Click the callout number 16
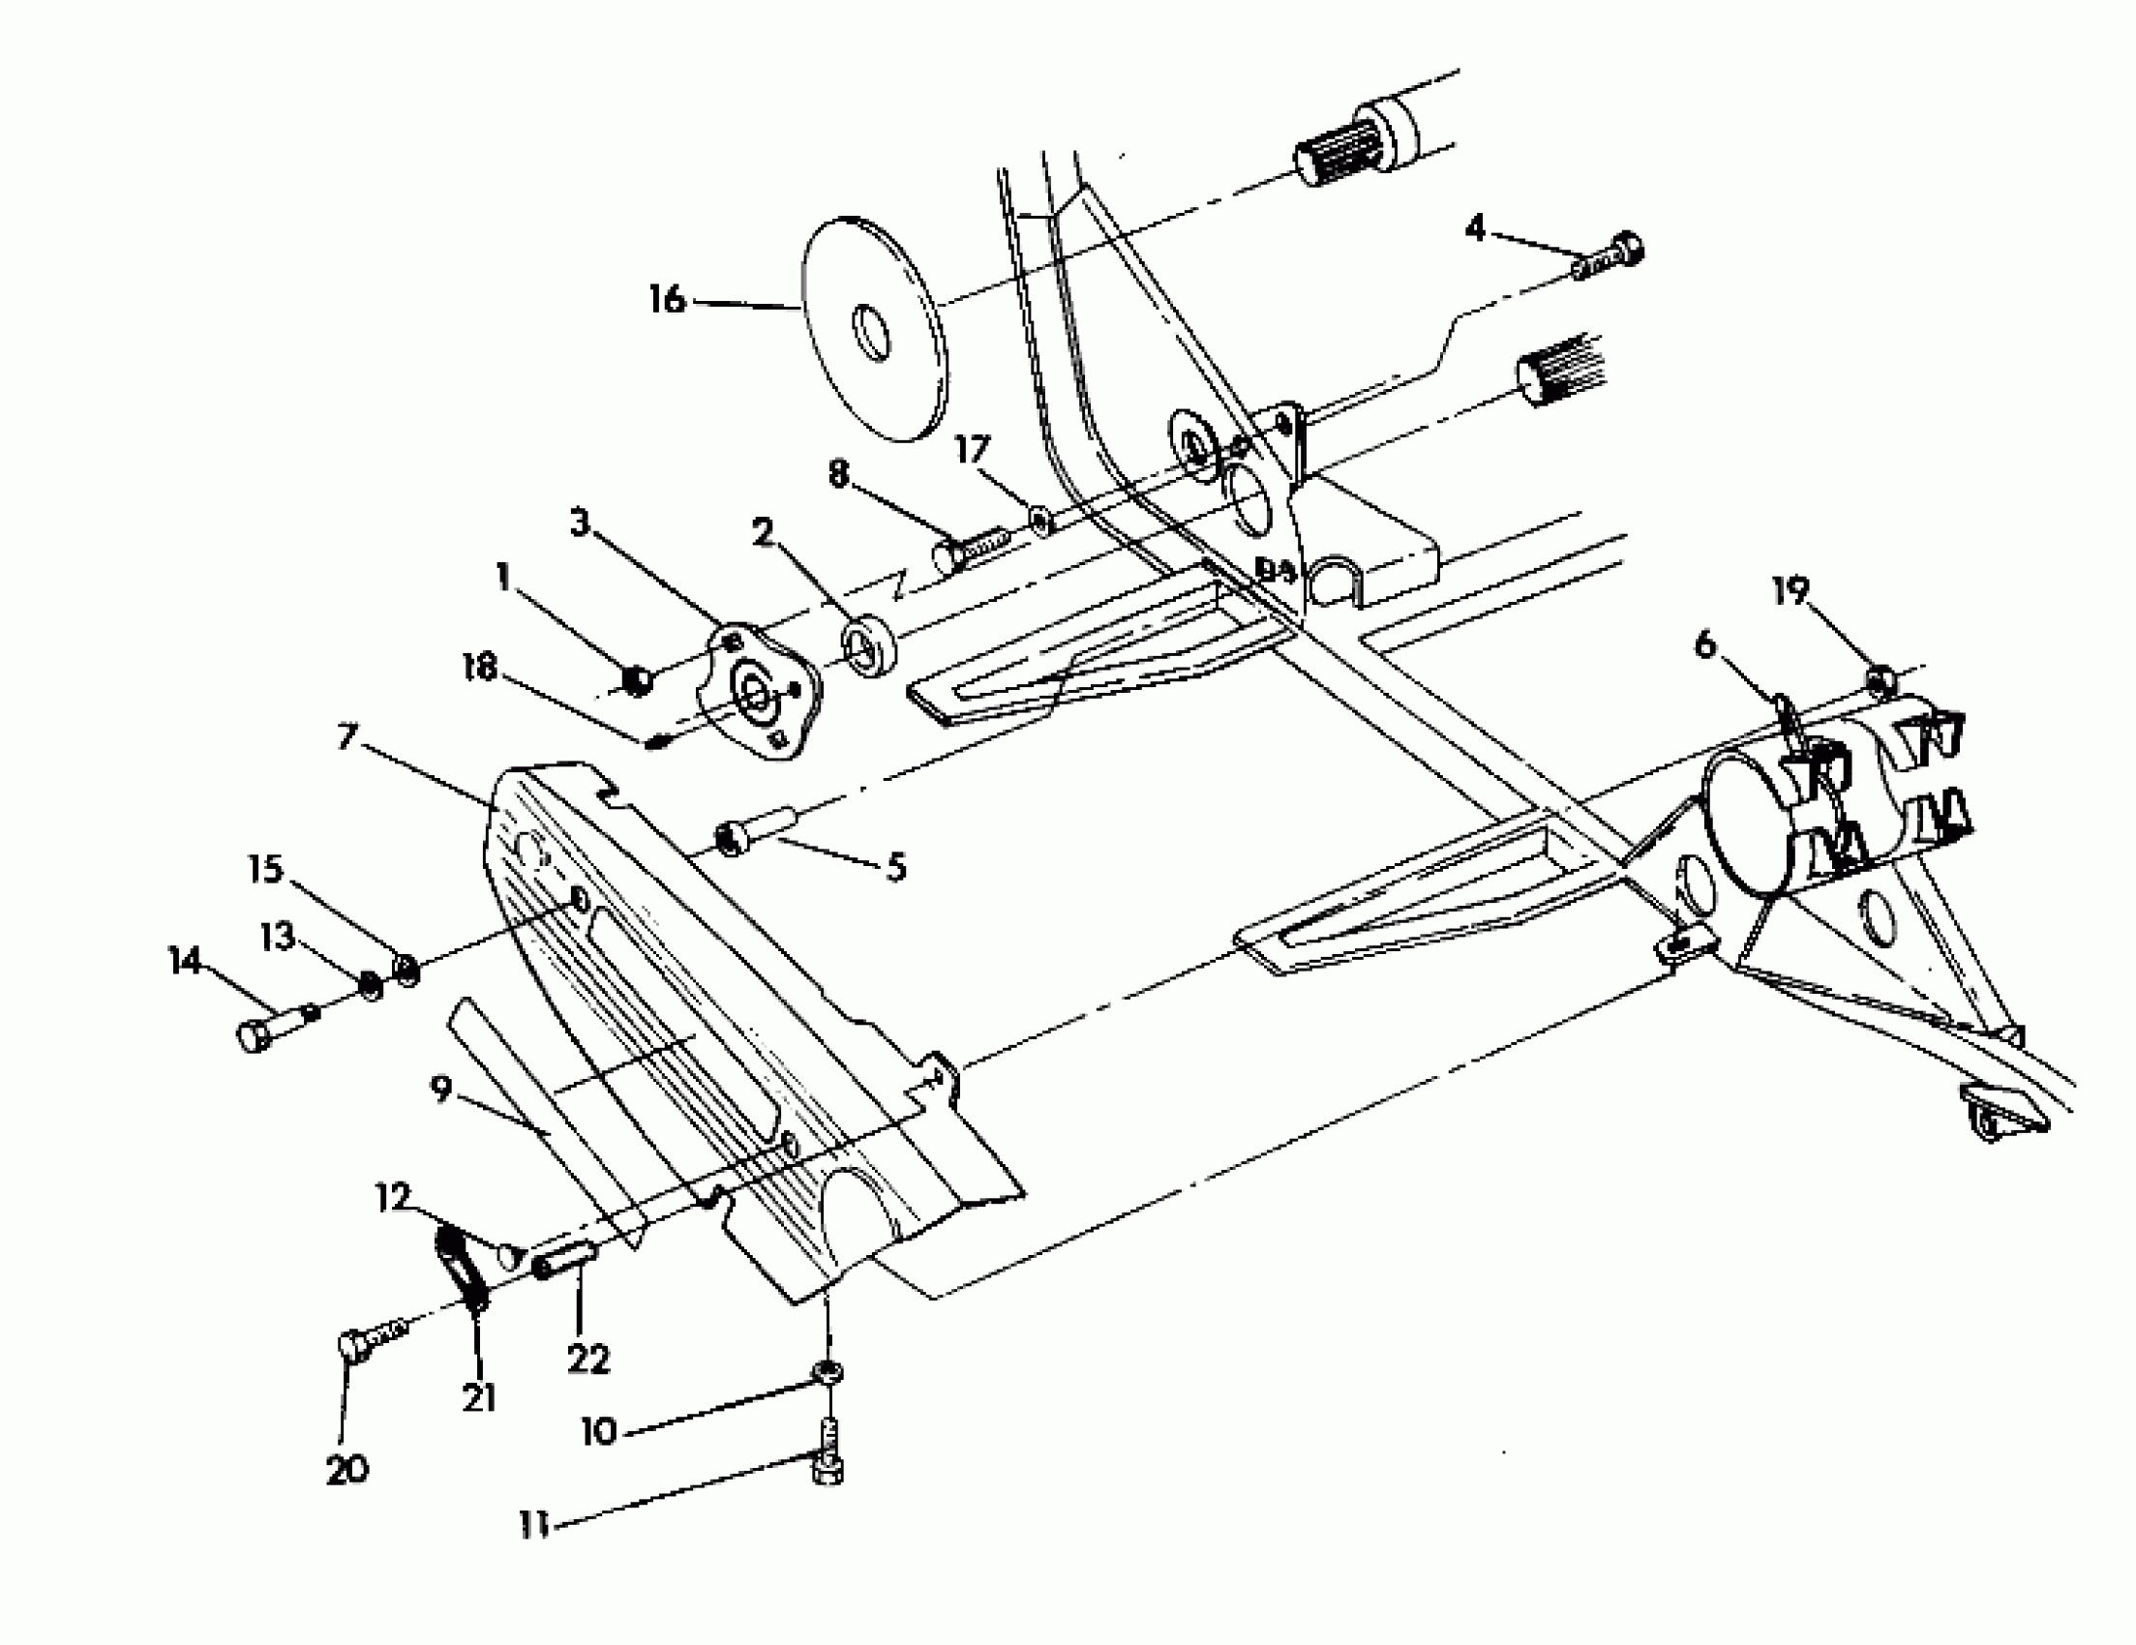[x=667, y=299]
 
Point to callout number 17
[x=972, y=452]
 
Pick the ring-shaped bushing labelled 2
[x=868, y=644]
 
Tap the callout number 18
[x=480, y=669]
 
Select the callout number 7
[x=346, y=737]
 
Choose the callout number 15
[x=266, y=869]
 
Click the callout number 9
[x=441, y=1089]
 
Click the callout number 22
[x=587, y=1359]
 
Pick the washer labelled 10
[x=827, y=1369]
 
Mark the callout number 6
[x=1704, y=645]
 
